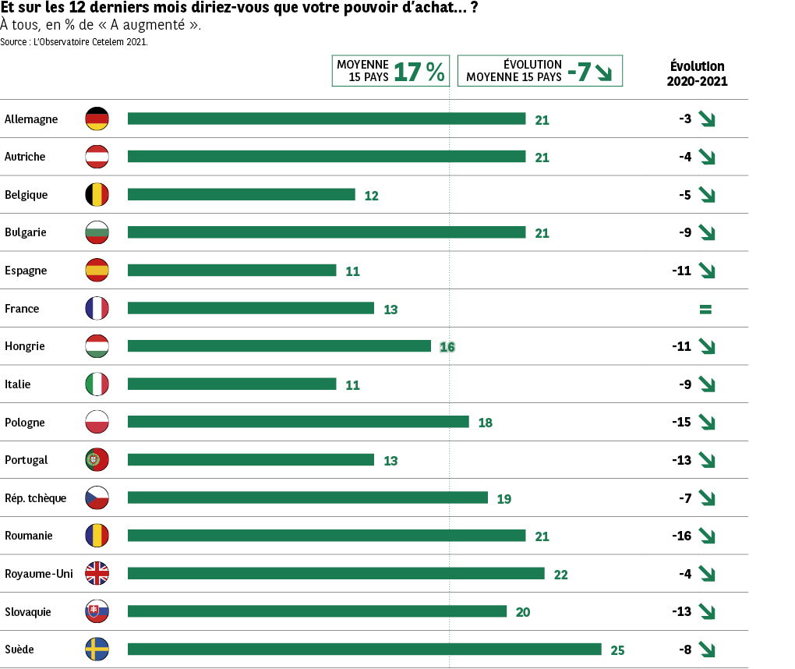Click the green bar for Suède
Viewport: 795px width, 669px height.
click(364, 649)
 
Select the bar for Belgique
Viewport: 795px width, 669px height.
click(241, 194)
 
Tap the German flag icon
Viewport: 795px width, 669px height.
click(97, 119)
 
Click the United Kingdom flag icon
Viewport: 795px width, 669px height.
click(97, 573)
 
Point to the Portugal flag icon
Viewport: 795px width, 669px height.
click(97, 460)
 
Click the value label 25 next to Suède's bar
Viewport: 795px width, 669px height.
click(617, 650)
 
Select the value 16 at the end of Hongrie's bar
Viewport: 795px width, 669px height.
click(447, 347)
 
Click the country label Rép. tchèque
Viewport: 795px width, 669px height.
click(35, 498)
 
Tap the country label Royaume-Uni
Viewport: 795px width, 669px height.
click(38, 574)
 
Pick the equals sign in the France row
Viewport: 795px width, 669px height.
click(705, 310)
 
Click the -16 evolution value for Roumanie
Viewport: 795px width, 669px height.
click(681, 536)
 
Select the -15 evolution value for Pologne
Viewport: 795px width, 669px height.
click(681, 422)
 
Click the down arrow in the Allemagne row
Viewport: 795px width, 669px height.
click(707, 119)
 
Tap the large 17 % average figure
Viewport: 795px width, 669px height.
click(419, 72)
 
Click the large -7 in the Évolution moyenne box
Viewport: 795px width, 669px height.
click(578, 72)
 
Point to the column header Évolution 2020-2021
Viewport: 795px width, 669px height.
click(697, 73)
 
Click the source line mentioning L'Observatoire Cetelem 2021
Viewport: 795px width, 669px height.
click(74, 42)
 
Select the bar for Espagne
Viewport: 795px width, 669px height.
click(231, 270)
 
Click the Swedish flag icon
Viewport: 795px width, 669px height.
click(97, 649)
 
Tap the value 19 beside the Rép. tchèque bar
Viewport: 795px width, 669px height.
click(503, 498)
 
